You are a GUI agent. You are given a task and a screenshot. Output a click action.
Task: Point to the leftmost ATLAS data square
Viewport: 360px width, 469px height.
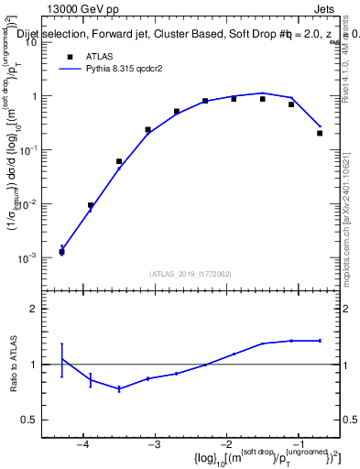click(x=61, y=252)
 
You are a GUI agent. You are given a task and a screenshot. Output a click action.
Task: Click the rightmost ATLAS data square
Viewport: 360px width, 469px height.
click(x=320, y=133)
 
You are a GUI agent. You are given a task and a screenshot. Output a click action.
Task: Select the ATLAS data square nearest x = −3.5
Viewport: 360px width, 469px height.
click(x=119, y=161)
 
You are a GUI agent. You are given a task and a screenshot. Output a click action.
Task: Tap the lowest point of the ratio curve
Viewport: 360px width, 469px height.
click(x=119, y=388)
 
